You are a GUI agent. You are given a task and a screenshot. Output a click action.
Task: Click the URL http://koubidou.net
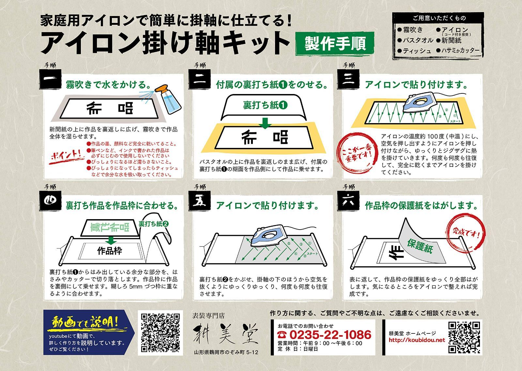[x=417, y=340]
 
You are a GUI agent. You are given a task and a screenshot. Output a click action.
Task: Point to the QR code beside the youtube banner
[x=160, y=332]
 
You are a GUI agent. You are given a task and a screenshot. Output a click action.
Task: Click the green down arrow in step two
[x=265, y=123]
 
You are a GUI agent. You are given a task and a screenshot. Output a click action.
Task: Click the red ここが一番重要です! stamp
[x=357, y=153]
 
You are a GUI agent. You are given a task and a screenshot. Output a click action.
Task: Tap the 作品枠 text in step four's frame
[x=110, y=251]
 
